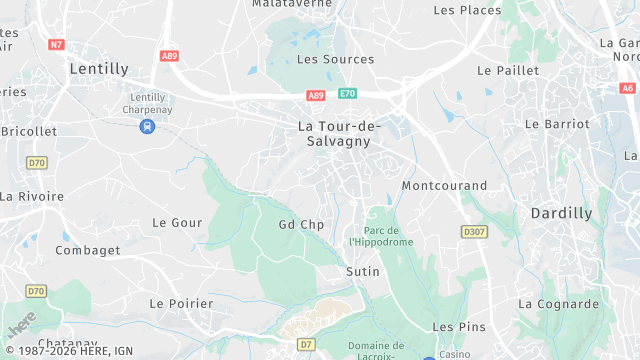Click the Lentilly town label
99,69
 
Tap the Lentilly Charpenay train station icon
147,126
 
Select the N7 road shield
56,44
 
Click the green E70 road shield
347,94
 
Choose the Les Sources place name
335,59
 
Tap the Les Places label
467,10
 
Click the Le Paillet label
508,71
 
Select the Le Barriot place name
556,124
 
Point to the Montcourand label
444,186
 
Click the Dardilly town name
561,213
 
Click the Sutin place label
362,271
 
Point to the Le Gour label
177,223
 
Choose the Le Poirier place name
181,303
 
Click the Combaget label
87,249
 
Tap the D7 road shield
306,344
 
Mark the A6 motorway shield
627,88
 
